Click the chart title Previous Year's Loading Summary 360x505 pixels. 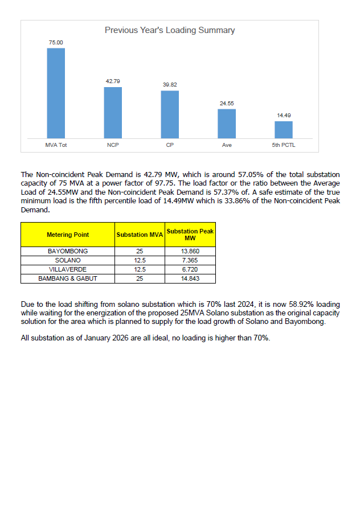click(x=169, y=30)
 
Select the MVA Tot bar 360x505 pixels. click(x=56, y=93)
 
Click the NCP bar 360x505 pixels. click(x=113, y=112)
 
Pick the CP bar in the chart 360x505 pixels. click(x=170, y=114)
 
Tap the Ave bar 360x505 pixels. click(x=227, y=123)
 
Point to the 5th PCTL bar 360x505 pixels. click(x=284, y=129)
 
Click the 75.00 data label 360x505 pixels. click(x=56, y=43)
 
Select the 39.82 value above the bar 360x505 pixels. click(x=170, y=85)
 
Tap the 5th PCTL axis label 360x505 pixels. click(x=284, y=146)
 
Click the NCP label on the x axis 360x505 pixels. click(x=113, y=146)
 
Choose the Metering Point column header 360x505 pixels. click(x=68, y=235)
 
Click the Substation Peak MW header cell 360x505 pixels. click(x=190, y=235)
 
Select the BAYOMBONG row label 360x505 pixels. click(x=68, y=251)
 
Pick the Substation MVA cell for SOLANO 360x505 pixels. click(x=140, y=260)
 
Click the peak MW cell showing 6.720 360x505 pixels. click(x=190, y=269)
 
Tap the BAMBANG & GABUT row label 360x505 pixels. click(x=68, y=278)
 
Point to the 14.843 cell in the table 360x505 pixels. click(x=190, y=278)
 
